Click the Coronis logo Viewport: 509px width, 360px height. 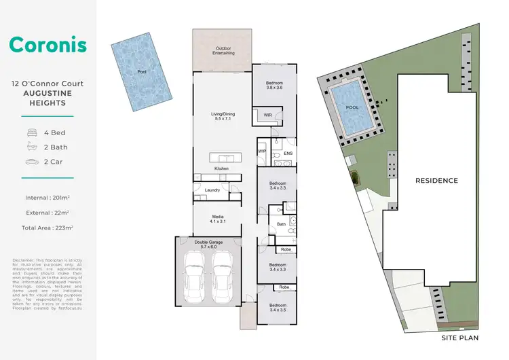[48, 46]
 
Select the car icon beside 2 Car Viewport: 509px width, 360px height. [32, 162]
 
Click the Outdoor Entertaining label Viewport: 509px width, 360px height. [222, 51]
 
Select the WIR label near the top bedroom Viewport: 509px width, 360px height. [267, 115]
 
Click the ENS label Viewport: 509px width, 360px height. [288, 154]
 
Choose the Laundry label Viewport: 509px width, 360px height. [212, 190]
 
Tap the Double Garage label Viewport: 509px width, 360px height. [208, 244]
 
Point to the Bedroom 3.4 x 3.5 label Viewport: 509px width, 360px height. [278, 308]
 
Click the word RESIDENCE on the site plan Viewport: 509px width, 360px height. [436, 181]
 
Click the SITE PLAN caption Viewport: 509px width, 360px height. [460, 337]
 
